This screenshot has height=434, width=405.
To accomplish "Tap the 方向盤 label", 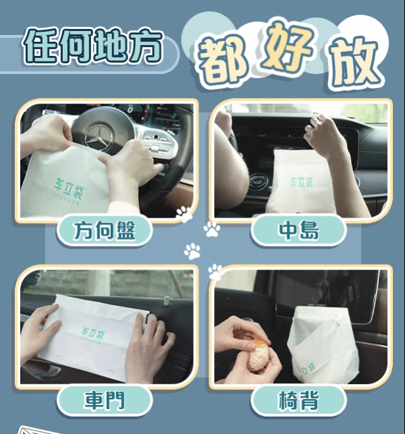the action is (105, 230).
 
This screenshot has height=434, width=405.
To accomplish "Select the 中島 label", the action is (298, 230).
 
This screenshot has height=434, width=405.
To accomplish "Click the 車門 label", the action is (105, 400).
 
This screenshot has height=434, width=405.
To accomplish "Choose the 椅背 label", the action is (298, 400).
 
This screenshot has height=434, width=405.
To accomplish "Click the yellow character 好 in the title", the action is (287, 49).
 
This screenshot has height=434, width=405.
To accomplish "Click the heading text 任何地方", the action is (93, 46).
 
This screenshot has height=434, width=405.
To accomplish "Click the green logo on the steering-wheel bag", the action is (68, 189).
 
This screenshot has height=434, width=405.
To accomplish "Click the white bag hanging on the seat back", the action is (323, 344).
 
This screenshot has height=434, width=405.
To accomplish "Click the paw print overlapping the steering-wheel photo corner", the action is (184, 214).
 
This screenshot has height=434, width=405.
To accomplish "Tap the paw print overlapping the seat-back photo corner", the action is (215, 272).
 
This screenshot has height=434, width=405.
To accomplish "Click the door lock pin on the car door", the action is (167, 301).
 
